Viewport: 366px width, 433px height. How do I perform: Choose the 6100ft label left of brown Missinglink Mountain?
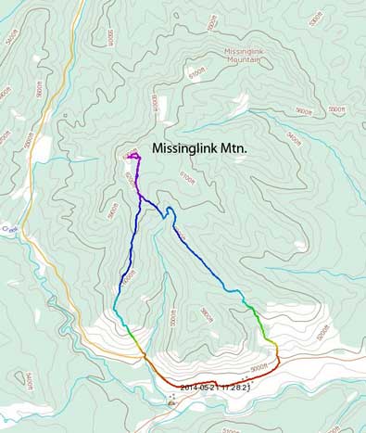click(196, 71)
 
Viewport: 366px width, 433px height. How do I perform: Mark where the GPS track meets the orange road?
click(145, 353)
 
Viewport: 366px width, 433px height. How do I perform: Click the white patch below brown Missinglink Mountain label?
click(243, 102)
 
